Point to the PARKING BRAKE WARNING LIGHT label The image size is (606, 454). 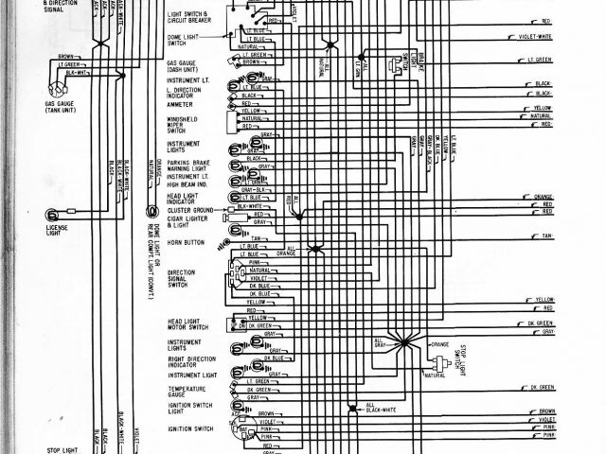point(189,162)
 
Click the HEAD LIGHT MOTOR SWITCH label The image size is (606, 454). point(186,327)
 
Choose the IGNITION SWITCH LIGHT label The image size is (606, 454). point(187,409)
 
